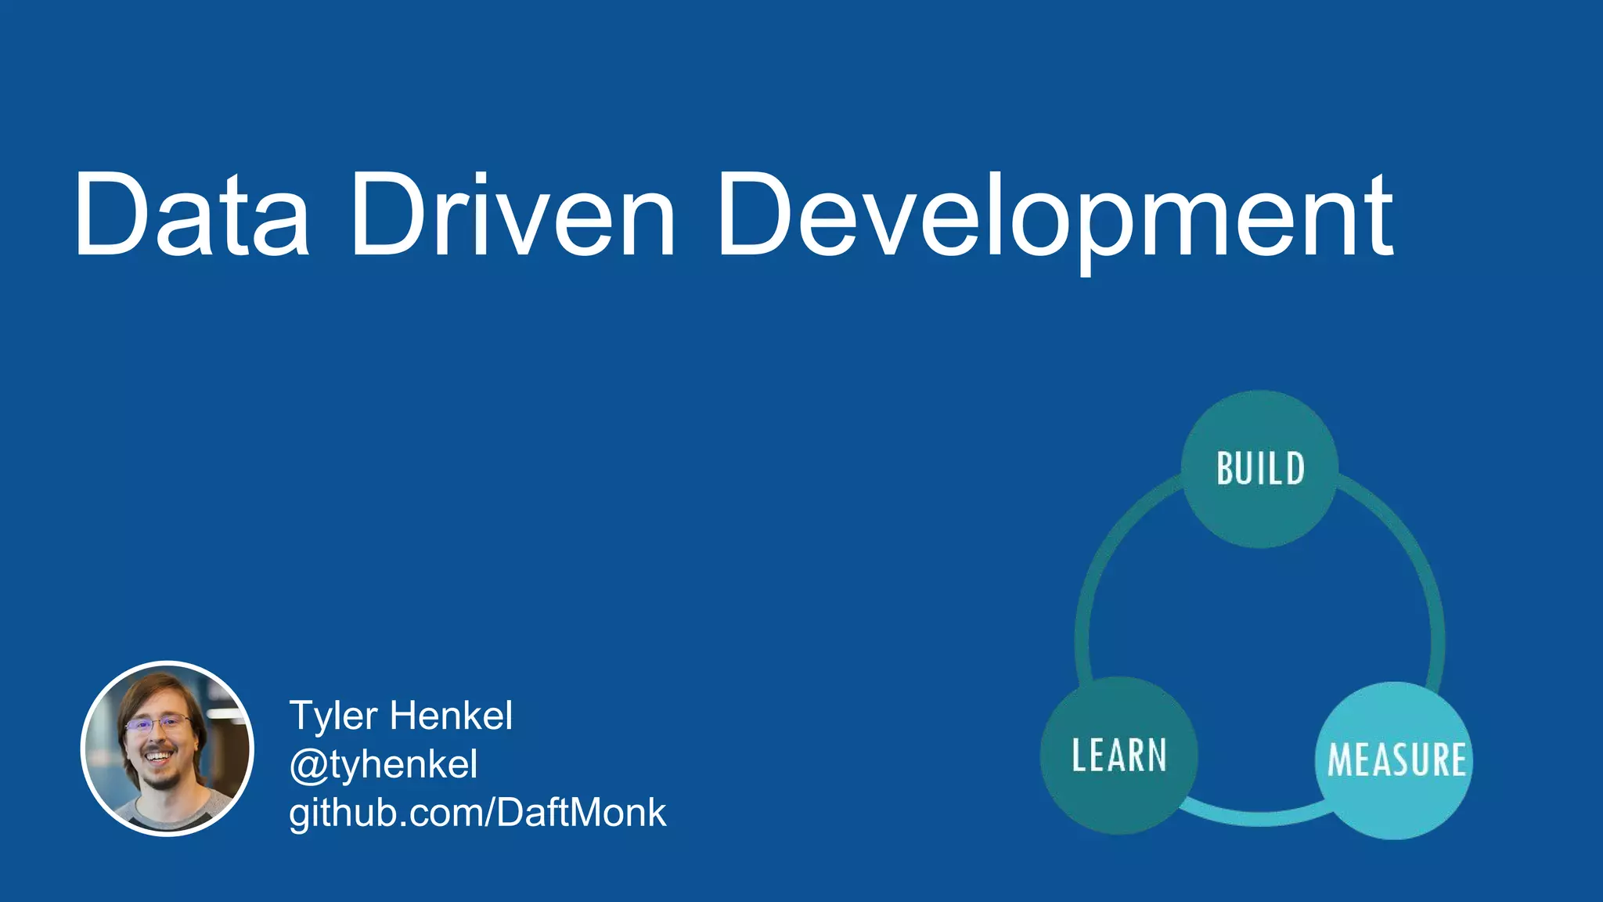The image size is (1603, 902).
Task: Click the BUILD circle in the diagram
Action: [1259, 469]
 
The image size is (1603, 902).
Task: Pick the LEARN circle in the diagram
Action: [1118, 755]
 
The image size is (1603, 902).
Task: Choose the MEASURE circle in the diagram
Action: [1396, 760]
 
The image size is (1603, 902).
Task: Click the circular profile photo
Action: [167, 749]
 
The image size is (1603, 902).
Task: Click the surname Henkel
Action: [451, 716]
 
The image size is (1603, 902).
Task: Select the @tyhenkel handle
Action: [383, 764]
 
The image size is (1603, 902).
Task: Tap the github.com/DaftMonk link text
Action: [477, 813]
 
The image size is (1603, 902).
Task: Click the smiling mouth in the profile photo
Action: [159, 757]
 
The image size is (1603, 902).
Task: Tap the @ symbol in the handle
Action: [307, 765]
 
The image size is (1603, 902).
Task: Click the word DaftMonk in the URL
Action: [581, 813]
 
